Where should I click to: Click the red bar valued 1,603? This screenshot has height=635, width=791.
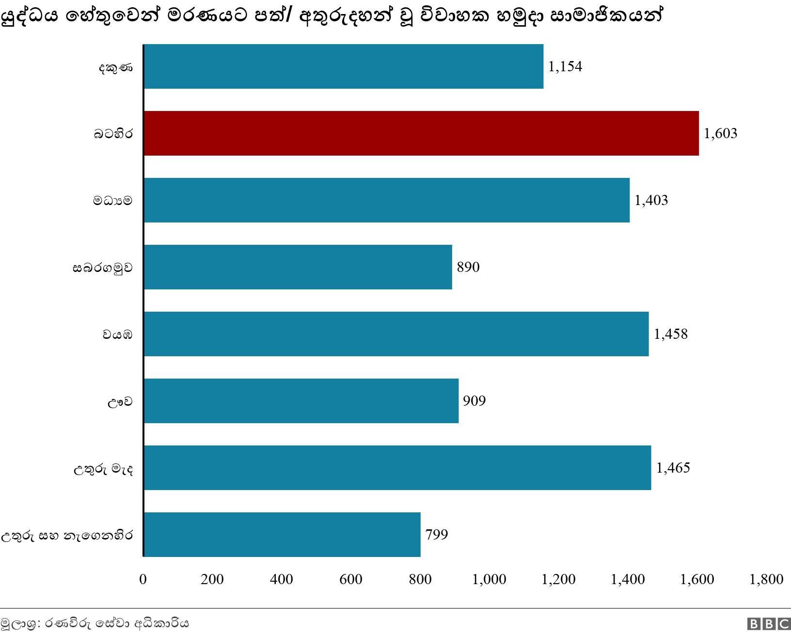(x=421, y=133)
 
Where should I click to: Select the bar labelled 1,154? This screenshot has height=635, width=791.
(x=343, y=66)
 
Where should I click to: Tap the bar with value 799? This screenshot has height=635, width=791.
(x=282, y=535)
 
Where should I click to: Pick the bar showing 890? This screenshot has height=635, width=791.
(x=298, y=267)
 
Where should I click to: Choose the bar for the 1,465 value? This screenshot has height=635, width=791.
(x=397, y=468)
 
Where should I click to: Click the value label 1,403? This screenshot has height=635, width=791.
(x=651, y=200)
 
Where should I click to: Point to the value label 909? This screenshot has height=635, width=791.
(x=474, y=401)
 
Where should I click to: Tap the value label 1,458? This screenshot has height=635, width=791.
(x=671, y=334)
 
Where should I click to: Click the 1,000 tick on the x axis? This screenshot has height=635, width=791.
(x=489, y=579)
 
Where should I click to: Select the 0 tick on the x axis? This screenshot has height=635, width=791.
(x=143, y=579)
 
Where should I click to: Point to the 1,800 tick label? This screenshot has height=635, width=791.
(x=766, y=579)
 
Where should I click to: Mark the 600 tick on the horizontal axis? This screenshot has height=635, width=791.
(x=351, y=579)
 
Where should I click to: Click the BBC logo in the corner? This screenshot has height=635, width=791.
(x=768, y=624)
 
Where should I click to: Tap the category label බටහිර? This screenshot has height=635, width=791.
(x=113, y=134)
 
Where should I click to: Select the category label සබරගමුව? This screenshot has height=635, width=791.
(x=102, y=268)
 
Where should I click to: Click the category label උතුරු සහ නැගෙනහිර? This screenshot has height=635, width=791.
(x=66, y=536)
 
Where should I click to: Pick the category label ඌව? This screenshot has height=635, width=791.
(x=120, y=402)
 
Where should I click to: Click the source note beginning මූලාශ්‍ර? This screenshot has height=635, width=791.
(x=95, y=624)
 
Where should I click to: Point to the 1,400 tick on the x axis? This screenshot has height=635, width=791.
(x=628, y=579)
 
